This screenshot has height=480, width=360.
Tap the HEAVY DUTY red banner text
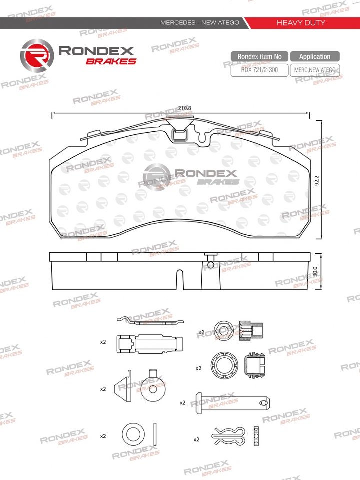tap(301, 23)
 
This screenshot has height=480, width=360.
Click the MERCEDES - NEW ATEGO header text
tap(199, 23)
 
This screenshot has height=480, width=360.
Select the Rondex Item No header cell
tap(259, 57)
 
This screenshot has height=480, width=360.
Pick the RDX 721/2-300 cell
tap(259, 70)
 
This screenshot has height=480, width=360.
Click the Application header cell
tap(315, 57)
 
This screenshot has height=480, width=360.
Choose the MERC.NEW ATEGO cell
tap(315, 70)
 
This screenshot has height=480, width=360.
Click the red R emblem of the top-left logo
tap(36, 55)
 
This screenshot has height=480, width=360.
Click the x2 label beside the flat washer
tap(103, 436)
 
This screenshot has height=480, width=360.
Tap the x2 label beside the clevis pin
tap(183, 402)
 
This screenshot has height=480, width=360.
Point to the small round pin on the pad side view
tap(211, 265)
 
